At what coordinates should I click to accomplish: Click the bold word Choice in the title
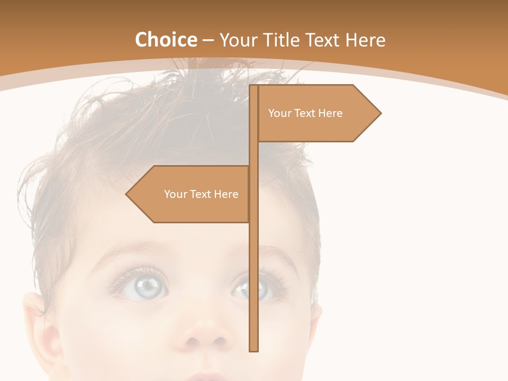click(166, 40)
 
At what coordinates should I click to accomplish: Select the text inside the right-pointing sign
click(305, 113)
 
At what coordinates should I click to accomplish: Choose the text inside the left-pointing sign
click(201, 194)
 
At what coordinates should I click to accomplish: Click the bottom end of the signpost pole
click(254, 349)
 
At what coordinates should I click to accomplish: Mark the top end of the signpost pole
click(254, 87)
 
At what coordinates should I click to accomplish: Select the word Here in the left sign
click(226, 194)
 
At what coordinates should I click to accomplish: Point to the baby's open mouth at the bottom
click(206, 377)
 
